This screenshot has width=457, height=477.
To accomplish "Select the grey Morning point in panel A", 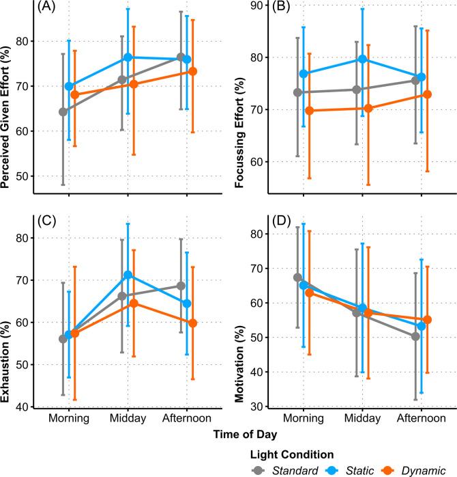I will tap(63, 111).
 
